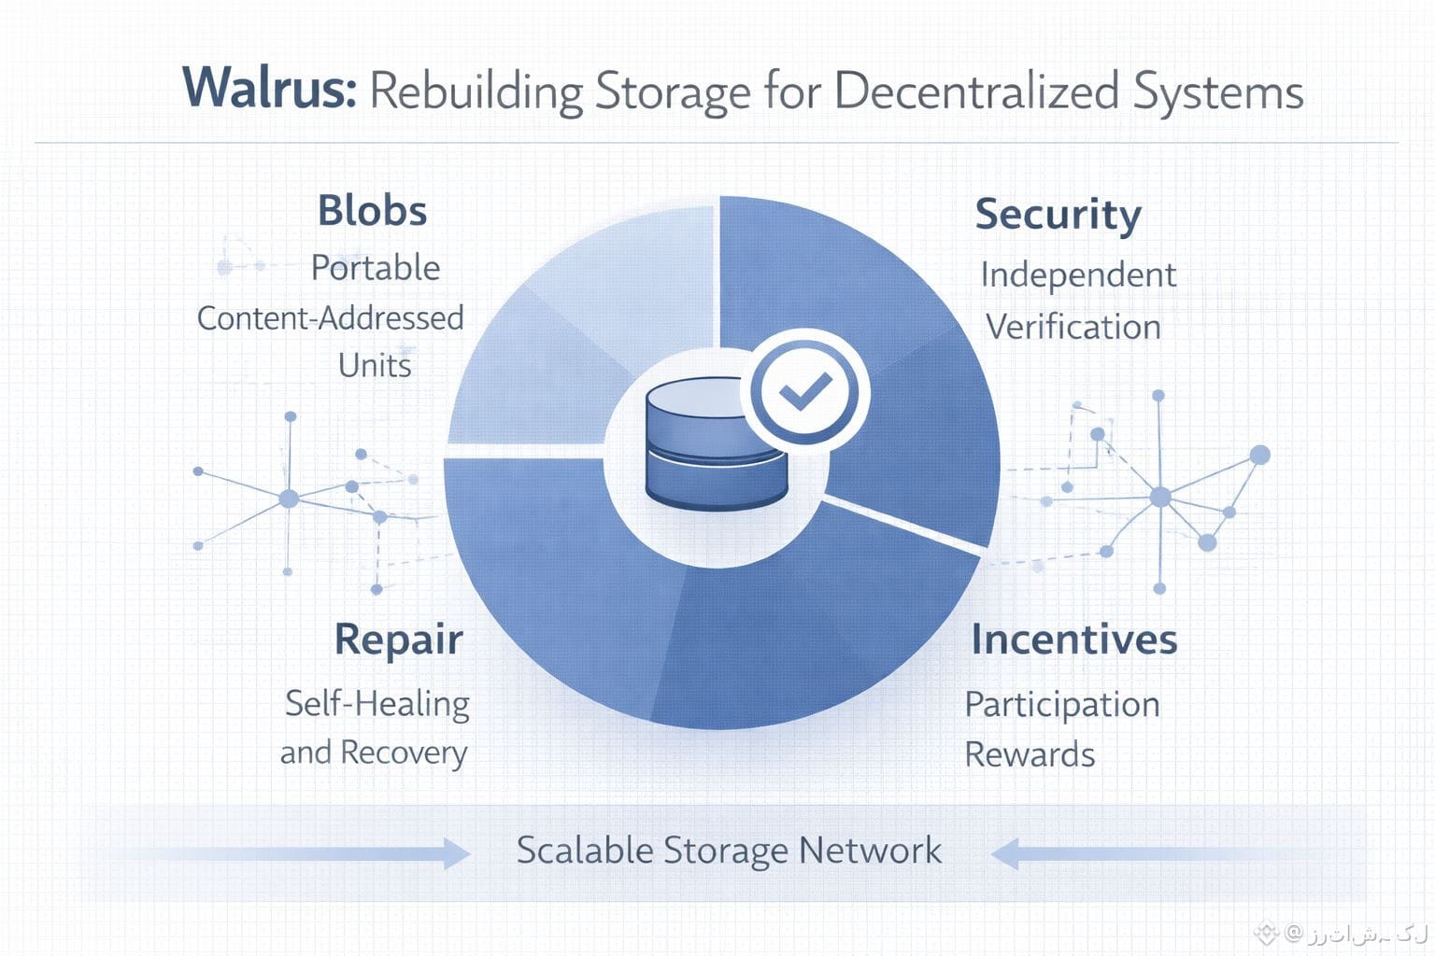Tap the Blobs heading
click(x=372, y=211)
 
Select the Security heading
click(x=1058, y=215)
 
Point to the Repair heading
click(x=399, y=640)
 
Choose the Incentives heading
click(x=1074, y=640)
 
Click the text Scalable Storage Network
click(x=729, y=851)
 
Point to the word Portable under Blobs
click(x=376, y=269)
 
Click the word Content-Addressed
click(x=330, y=318)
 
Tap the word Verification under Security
click(x=1073, y=328)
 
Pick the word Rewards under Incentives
click(x=1030, y=754)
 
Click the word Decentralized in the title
click(x=976, y=91)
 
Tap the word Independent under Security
click(x=1078, y=275)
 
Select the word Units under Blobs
click(x=375, y=366)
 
